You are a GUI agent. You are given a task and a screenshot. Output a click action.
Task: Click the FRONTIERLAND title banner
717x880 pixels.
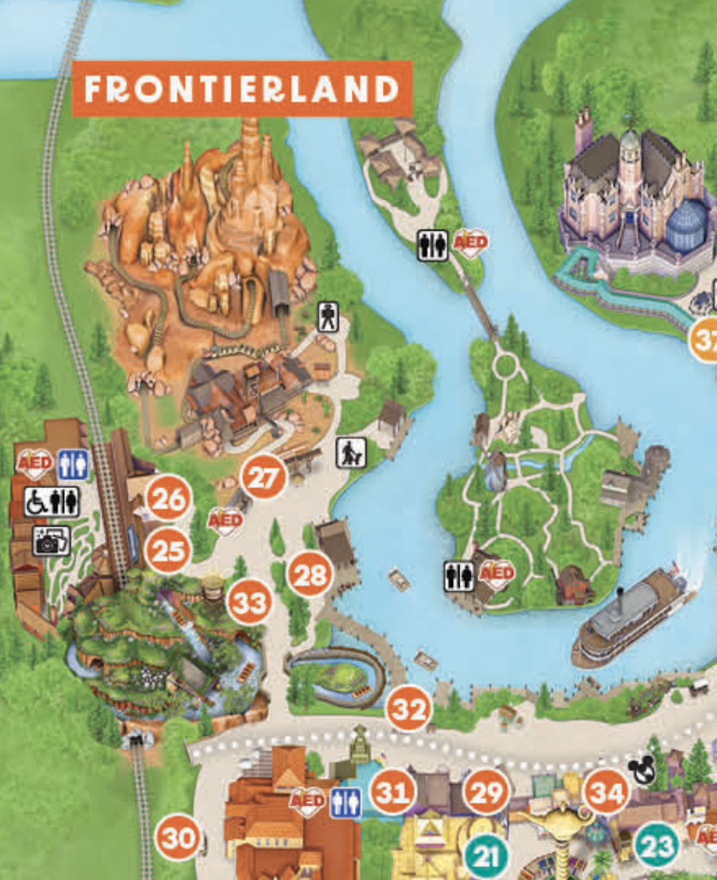242,89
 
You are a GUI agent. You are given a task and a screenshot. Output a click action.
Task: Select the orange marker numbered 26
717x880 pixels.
169,498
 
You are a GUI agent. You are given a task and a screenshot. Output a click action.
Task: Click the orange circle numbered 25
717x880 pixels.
168,551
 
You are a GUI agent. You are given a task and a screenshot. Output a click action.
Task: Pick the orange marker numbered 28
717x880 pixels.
311,575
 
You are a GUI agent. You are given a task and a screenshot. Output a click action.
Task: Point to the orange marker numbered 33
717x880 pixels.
249,602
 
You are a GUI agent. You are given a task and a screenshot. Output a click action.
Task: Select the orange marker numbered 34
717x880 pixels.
606,793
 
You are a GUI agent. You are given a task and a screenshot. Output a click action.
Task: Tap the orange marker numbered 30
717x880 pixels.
178,838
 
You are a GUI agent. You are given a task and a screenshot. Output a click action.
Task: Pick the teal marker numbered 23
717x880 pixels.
657,846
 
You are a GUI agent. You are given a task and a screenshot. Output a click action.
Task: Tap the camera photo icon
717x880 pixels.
52,541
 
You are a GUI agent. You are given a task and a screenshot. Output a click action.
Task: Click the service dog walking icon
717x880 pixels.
351,453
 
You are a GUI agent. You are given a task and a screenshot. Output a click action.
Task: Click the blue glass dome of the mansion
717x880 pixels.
686,226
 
